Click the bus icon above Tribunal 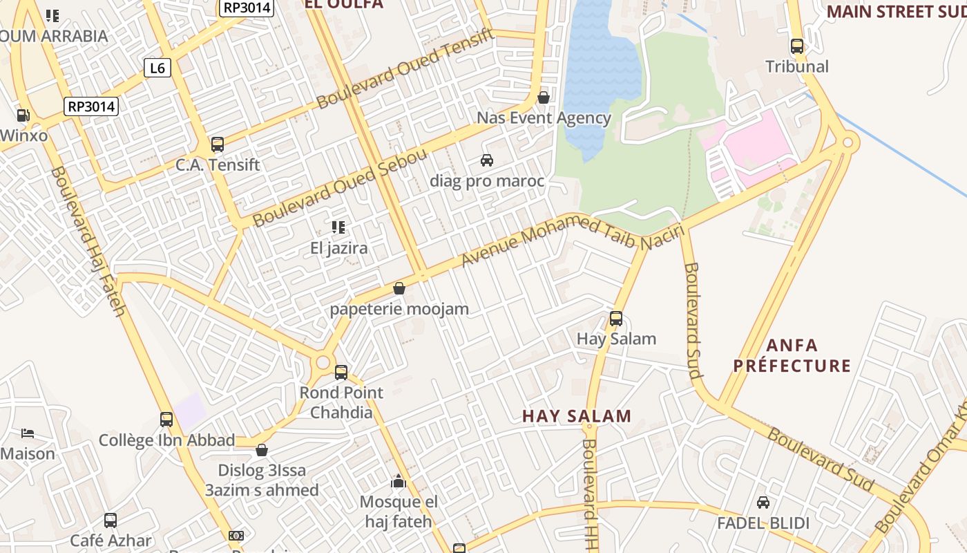click(797, 47)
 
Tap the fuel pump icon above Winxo click(23, 115)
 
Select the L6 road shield click(157, 68)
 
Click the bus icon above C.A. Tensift click(218, 144)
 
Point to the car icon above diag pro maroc click(487, 160)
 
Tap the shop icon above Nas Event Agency click(544, 97)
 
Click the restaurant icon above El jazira click(338, 227)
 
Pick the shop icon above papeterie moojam click(399, 288)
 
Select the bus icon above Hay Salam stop click(616, 319)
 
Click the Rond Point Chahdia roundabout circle click(322, 362)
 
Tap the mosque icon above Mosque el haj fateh click(399, 481)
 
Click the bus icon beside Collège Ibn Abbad click(166, 420)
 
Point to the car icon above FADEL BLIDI click(763, 503)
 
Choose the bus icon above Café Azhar click(111, 521)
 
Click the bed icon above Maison click(28, 433)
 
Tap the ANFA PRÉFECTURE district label click(792, 355)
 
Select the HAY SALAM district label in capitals click(577, 416)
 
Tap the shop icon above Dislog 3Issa click(262, 451)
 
